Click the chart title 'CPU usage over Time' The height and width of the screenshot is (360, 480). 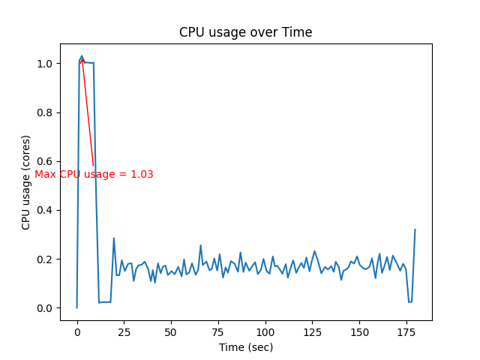coord(245,32)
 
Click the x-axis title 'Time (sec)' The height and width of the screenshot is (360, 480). coord(245,347)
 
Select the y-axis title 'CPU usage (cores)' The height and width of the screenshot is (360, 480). coord(26,182)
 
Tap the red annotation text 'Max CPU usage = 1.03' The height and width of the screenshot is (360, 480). coord(94,175)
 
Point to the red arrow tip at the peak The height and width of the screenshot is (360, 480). coord(82,57)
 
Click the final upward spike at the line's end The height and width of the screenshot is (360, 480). coord(415,229)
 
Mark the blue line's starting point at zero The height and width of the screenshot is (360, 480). coord(76,307)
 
